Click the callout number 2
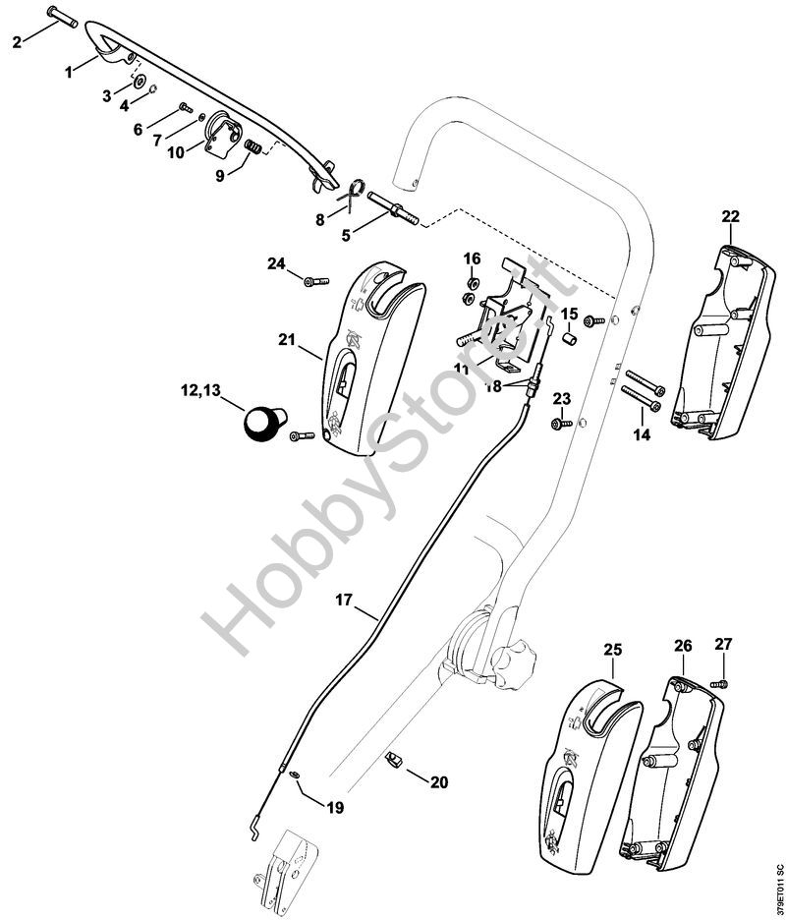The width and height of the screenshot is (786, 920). (17, 42)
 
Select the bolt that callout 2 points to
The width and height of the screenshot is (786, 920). (62, 17)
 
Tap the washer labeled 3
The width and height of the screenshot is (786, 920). (140, 81)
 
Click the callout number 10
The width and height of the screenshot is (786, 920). (176, 152)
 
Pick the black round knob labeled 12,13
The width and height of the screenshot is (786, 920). (263, 421)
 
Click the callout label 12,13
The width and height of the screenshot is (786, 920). (200, 389)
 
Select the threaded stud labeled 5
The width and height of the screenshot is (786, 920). (394, 208)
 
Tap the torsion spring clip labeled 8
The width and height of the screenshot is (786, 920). (354, 194)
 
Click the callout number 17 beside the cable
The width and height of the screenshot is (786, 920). (344, 600)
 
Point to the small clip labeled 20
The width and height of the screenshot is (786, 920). (393, 759)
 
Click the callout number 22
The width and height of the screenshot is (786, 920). (731, 216)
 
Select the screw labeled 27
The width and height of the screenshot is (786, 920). (719, 683)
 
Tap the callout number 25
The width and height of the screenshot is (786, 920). (613, 650)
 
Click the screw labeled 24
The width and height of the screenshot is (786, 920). (316, 282)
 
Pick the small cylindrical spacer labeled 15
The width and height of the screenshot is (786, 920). (569, 340)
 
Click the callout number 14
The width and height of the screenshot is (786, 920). (643, 434)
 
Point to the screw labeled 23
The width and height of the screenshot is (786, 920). (562, 423)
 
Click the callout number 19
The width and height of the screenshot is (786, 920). (335, 807)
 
